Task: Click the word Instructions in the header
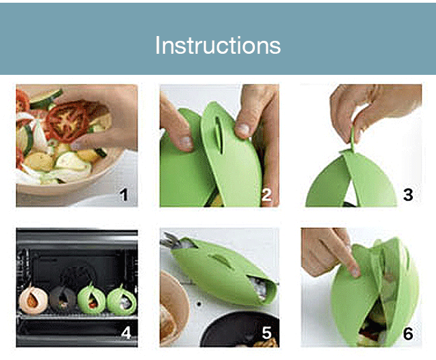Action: (217, 45)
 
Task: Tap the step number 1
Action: (123, 195)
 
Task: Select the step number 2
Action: (266, 195)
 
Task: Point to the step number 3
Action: (407, 195)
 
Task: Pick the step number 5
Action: (266, 333)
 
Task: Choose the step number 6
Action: (407, 333)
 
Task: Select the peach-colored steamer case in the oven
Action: (32, 299)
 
